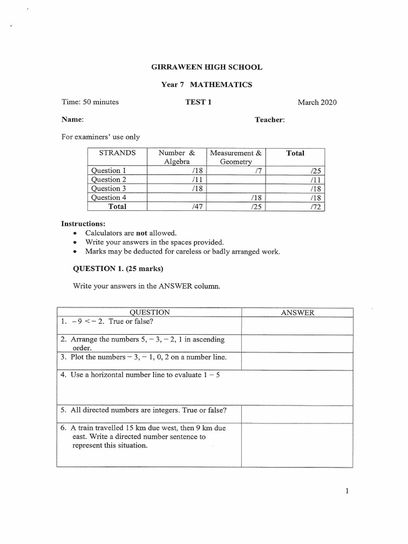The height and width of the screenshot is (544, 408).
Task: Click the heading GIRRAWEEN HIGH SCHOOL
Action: click(207, 67)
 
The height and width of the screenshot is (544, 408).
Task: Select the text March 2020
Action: click(317, 103)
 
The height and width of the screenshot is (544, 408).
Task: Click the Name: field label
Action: click(73, 120)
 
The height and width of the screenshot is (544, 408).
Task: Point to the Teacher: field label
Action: click(270, 120)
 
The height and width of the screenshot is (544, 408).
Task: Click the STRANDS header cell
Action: click(117, 153)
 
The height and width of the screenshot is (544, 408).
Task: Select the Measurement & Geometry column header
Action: click(236, 157)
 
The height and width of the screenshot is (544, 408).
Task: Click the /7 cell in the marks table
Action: click(259, 171)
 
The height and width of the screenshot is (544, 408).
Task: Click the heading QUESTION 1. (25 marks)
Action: click(118, 268)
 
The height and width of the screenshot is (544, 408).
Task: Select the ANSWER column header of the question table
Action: click(297, 313)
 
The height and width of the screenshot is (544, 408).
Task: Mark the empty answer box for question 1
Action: click(297, 326)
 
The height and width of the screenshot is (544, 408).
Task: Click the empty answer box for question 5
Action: click(297, 414)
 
